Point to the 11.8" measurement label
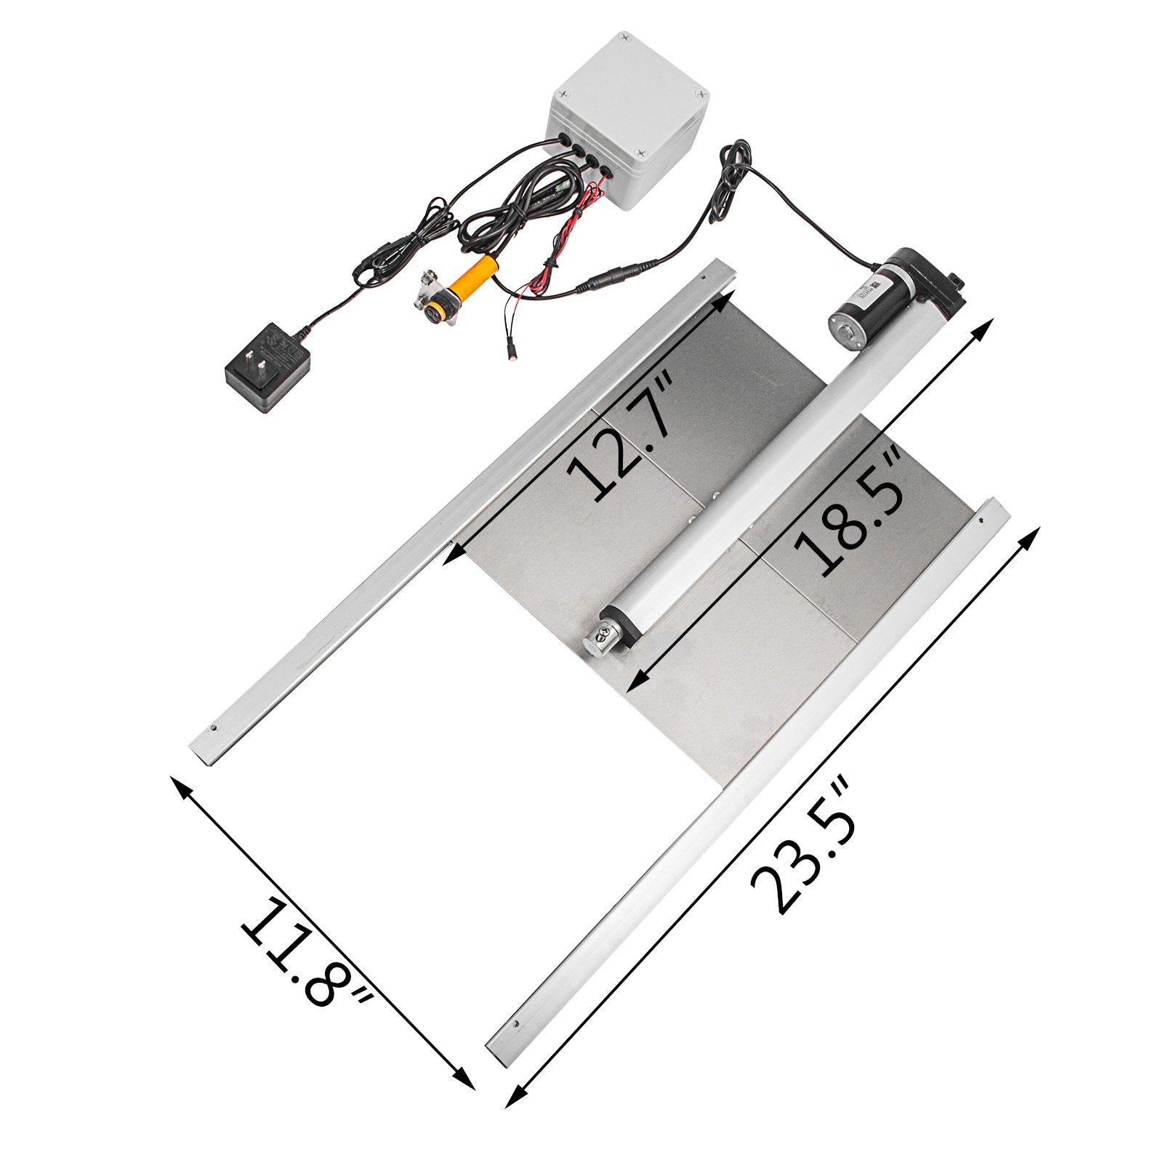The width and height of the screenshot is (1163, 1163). (x=305, y=952)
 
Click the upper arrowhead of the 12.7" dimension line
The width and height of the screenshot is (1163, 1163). (x=720, y=299)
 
